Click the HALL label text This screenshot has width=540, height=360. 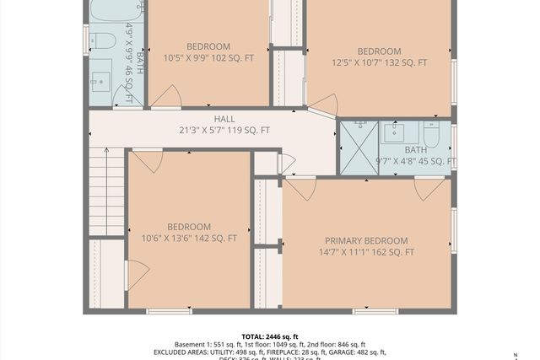coord(224,119)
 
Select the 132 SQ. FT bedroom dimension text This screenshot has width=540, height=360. coord(379,62)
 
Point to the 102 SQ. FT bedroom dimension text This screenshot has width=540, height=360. coord(208,57)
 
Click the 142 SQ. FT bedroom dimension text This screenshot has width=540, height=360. coord(188,238)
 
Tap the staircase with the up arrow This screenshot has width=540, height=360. coord(107,191)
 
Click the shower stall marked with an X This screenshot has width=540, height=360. coord(358,148)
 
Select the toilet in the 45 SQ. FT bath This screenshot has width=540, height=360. coord(431,135)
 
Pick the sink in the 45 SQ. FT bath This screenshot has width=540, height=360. coord(394,133)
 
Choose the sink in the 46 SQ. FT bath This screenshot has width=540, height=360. coord(99,83)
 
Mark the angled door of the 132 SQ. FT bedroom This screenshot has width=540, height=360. coord(324,105)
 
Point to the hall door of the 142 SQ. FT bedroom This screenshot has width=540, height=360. coord(145,160)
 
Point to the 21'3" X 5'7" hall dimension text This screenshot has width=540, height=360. coord(224,130)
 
